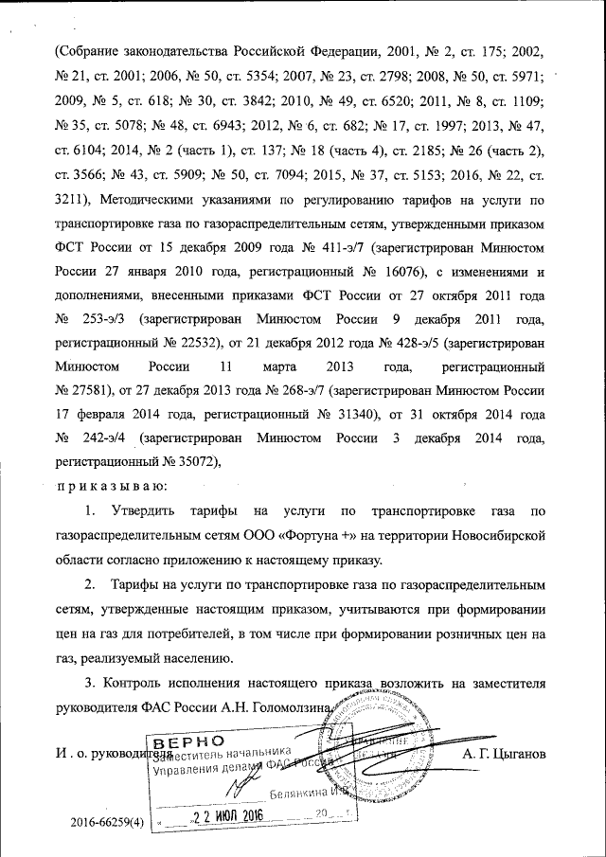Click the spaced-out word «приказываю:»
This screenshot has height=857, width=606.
111,486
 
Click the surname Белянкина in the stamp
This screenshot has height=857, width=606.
297,792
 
